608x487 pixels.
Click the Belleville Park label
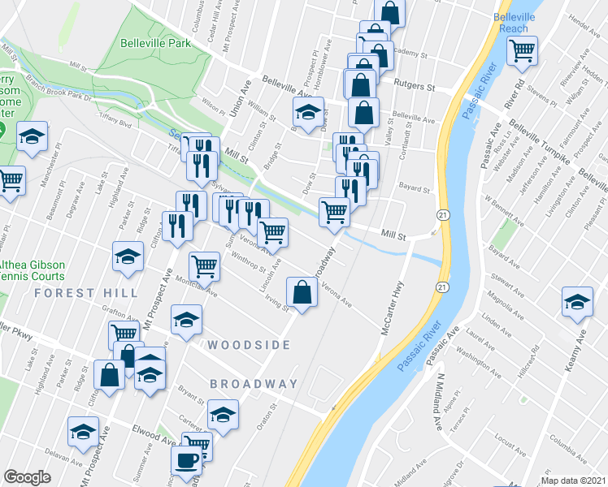[155, 43]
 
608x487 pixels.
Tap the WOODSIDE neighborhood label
[248, 345]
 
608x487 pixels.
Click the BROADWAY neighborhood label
[254, 384]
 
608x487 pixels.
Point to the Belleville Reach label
[514, 23]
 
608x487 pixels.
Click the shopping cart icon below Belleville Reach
[523, 50]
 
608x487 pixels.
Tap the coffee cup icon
[186, 460]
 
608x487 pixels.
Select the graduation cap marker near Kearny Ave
[577, 302]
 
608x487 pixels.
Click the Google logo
[27, 477]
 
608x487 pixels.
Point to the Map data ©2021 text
[575, 481]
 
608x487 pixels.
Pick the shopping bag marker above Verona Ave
[302, 293]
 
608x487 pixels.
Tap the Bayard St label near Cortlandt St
[414, 187]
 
